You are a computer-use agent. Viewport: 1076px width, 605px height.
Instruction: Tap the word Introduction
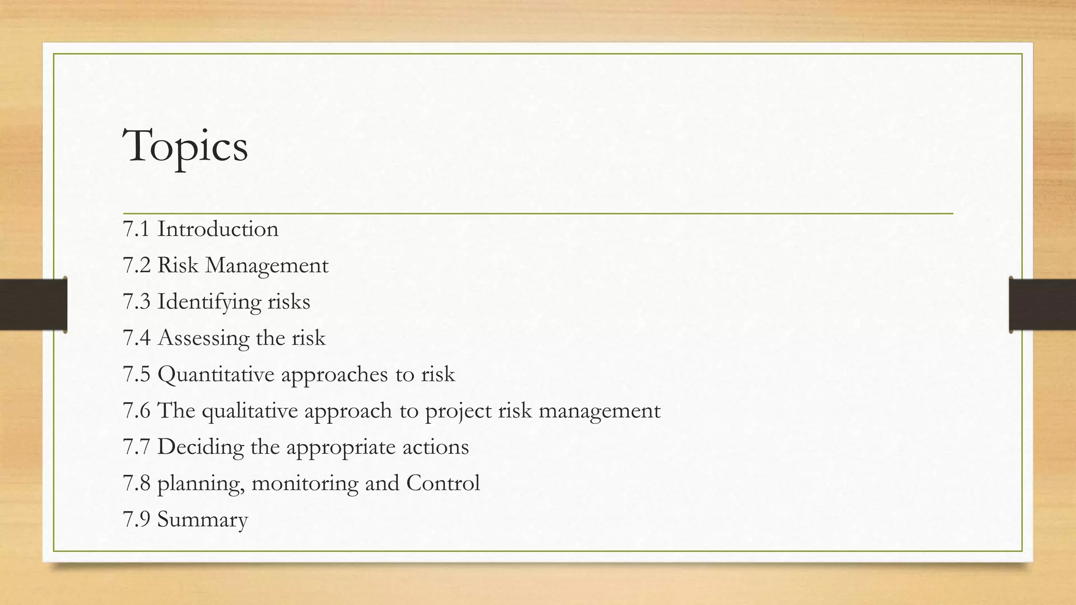click(x=218, y=230)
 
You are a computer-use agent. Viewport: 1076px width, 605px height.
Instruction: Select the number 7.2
click(x=136, y=266)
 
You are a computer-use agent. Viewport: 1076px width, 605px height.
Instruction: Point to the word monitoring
click(x=305, y=484)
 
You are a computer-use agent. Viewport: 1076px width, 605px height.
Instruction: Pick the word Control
click(x=443, y=483)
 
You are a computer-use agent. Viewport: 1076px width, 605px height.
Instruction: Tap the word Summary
click(x=202, y=520)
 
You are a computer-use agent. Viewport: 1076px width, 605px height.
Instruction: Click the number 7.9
click(x=136, y=519)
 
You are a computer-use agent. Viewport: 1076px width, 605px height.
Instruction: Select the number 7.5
click(x=136, y=374)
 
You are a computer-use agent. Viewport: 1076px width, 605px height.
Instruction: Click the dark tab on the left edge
click(x=33, y=305)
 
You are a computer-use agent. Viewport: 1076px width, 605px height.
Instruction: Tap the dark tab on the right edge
click(x=1042, y=305)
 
